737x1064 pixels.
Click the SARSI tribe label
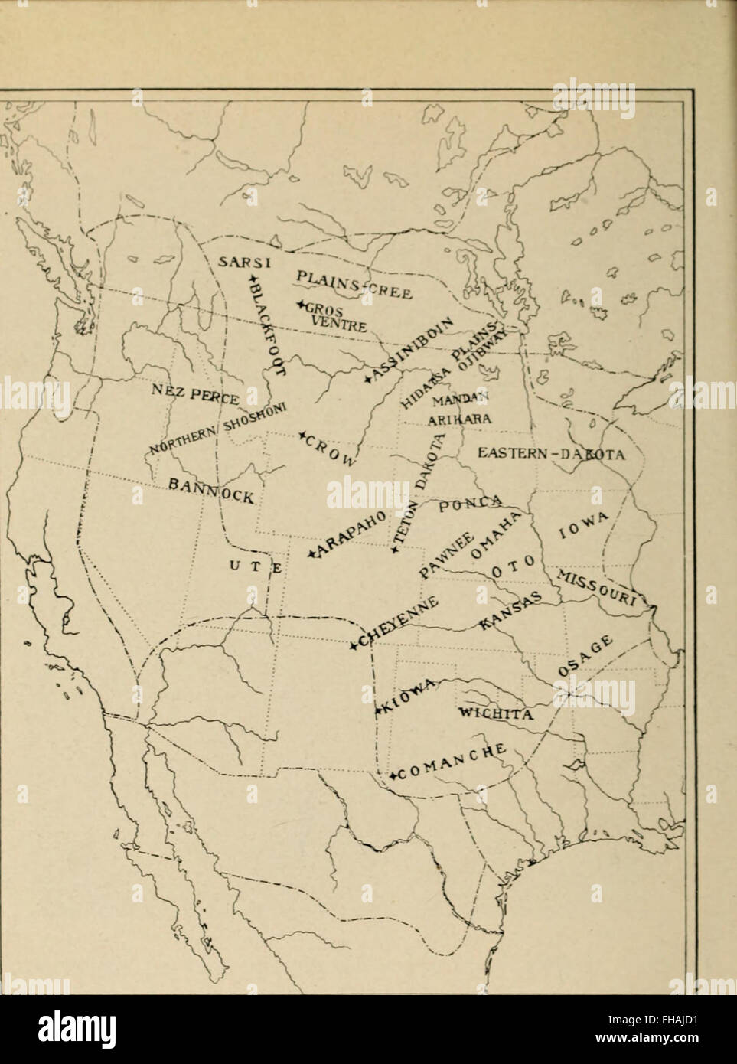[x=240, y=262]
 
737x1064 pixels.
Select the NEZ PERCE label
[x=197, y=393]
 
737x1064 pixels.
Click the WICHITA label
[x=494, y=714]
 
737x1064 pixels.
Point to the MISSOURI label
[x=602, y=588]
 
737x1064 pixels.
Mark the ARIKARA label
[x=454, y=419]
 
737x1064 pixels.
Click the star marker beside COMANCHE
[x=393, y=776]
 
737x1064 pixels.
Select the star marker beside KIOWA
[x=378, y=713]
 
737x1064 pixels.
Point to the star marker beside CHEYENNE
[x=354, y=647]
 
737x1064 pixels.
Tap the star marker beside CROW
[x=302, y=435]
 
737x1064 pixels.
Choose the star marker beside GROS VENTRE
[x=302, y=305]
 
